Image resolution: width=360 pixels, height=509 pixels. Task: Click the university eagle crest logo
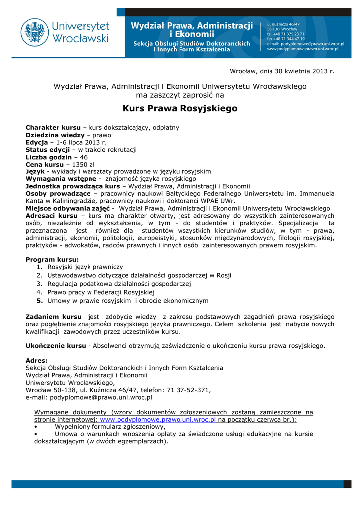[35, 33]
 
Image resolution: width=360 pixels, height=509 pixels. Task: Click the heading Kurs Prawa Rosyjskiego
[180, 108]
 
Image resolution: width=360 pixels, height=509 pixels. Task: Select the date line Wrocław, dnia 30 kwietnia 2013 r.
[281, 71]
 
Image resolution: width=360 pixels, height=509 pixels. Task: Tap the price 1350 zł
[80, 164]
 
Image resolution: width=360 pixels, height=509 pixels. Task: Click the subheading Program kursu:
[52, 260]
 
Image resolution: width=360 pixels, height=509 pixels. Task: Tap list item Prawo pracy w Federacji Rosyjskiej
[101, 292]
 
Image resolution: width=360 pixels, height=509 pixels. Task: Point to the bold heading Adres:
[37, 360]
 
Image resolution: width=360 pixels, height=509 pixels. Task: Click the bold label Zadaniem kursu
[53, 317]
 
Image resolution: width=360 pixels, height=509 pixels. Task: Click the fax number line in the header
[286, 38]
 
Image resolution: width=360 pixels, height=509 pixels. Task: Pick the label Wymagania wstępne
[61, 178]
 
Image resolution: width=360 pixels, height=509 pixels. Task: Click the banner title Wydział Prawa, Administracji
[191, 26]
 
